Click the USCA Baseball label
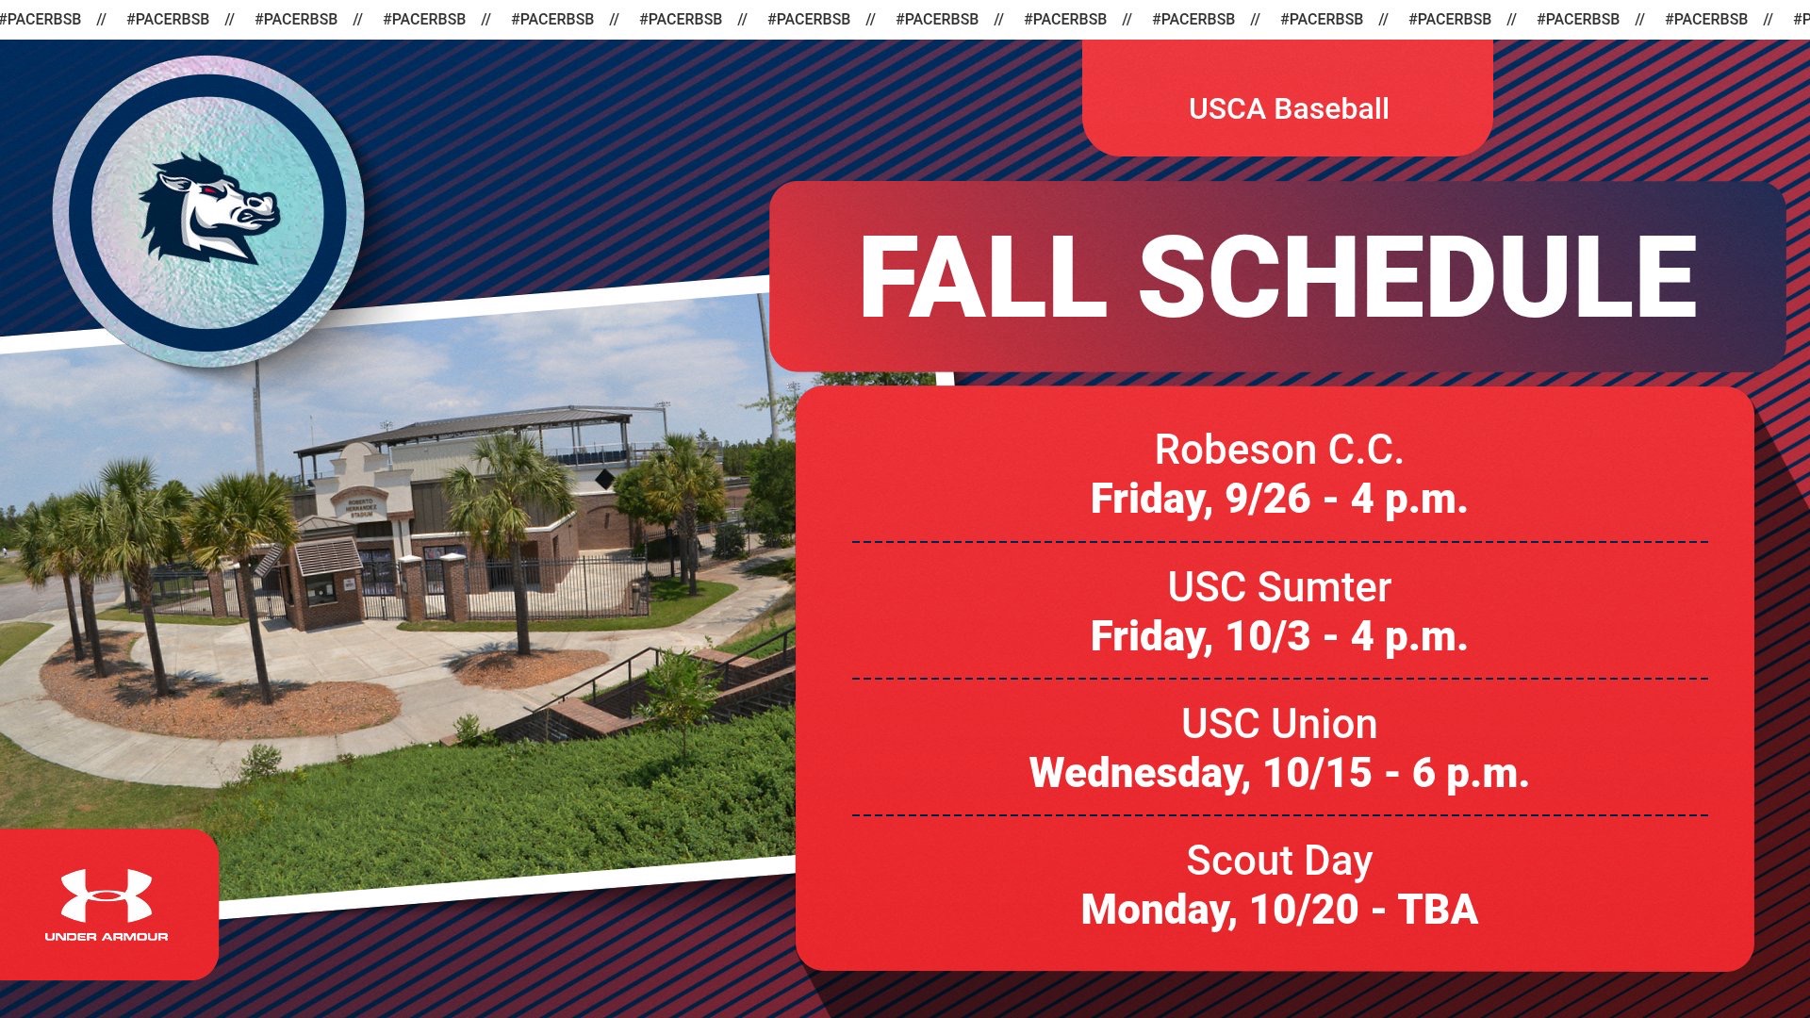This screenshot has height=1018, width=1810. (1288, 108)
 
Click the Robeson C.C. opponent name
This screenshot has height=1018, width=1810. (1278, 450)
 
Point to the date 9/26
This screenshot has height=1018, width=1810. (1267, 499)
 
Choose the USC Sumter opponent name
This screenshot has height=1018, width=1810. (1278, 586)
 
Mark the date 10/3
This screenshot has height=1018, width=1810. (1267, 636)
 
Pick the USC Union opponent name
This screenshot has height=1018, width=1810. (1278, 723)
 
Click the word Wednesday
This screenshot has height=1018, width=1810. (1139, 773)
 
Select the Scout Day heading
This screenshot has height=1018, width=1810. (1278, 860)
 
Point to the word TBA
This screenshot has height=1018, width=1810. (1438, 910)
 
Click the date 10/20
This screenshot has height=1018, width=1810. (1304, 910)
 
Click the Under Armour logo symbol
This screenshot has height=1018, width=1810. (107, 895)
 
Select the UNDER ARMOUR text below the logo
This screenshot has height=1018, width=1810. (107, 936)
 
